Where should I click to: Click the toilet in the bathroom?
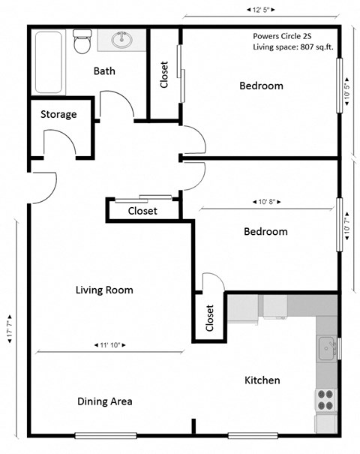point(82,43)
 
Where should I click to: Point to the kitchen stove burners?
point(325,399)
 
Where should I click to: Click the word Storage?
point(58,115)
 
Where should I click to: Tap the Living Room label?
point(104,290)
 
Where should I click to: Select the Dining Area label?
point(105,401)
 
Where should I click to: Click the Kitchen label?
point(262,380)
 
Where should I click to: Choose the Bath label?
point(104,71)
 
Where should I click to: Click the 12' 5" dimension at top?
point(261,9)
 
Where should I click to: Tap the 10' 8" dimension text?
point(266,202)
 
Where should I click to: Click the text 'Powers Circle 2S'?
point(286,35)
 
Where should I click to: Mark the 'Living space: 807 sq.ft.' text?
point(292,47)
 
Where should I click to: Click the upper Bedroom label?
point(261,86)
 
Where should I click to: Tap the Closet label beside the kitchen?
point(209,318)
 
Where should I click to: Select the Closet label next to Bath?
point(164,74)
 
